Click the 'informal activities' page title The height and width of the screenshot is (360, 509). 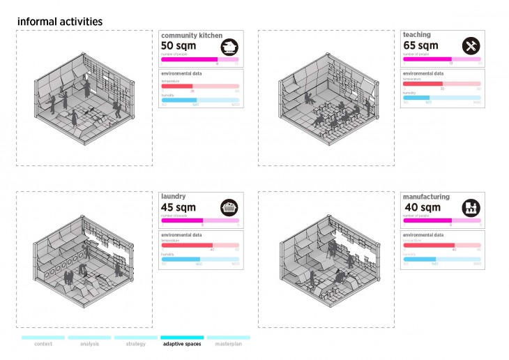click(x=59, y=22)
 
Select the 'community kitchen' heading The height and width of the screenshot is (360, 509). click(x=191, y=35)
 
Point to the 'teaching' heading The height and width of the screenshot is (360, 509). click(x=416, y=35)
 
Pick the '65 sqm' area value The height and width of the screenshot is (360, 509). click(x=420, y=46)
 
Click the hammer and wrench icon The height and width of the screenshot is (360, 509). click(x=471, y=46)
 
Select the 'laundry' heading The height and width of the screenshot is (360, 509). click(x=174, y=197)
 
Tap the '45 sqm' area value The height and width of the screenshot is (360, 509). click(x=178, y=208)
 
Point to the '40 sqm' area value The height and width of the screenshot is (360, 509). click(x=422, y=208)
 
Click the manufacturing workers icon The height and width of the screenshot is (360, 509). click(x=471, y=208)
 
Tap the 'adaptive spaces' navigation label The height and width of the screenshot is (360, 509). click(x=182, y=344)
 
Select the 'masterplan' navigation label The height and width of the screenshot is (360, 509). click(x=228, y=344)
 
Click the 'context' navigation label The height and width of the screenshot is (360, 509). click(x=43, y=344)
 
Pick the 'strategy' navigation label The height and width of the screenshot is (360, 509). click(x=135, y=344)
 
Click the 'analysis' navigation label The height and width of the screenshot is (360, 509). click(x=89, y=344)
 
